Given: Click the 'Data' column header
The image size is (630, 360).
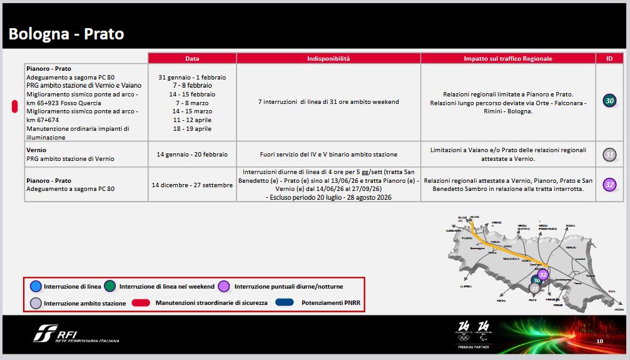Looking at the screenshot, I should (x=192, y=58).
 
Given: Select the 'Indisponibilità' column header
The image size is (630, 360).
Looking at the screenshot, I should (x=328, y=58).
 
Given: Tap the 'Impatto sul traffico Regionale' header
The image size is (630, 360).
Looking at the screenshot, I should (x=508, y=58).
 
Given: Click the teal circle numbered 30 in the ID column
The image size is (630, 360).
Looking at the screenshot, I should (x=609, y=100).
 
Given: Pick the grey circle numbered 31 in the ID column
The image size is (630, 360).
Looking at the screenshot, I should (x=609, y=154).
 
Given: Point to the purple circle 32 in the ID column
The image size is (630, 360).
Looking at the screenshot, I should (x=609, y=184).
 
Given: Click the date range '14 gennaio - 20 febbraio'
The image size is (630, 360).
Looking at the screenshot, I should (x=192, y=154).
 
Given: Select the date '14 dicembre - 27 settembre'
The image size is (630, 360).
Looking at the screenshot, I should (x=192, y=185).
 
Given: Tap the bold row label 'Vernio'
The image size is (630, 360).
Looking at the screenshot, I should (x=36, y=150).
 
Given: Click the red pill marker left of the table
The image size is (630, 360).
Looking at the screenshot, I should (x=14, y=106).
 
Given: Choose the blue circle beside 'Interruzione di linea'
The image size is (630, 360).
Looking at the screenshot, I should (x=36, y=287).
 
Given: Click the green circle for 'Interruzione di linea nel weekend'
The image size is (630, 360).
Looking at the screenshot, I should (x=111, y=287).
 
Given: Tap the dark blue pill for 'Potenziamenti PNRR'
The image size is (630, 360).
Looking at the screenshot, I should (x=285, y=303).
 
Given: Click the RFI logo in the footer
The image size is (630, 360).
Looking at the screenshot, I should (x=75, y=334).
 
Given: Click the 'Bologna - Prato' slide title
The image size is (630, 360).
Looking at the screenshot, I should (x=66, y=34).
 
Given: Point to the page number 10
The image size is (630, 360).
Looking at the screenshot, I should (x=599, y=341).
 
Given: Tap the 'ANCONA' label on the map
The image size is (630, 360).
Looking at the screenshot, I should (x=619, y=309).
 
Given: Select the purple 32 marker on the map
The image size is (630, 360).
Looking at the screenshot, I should (x=543, y=274).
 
